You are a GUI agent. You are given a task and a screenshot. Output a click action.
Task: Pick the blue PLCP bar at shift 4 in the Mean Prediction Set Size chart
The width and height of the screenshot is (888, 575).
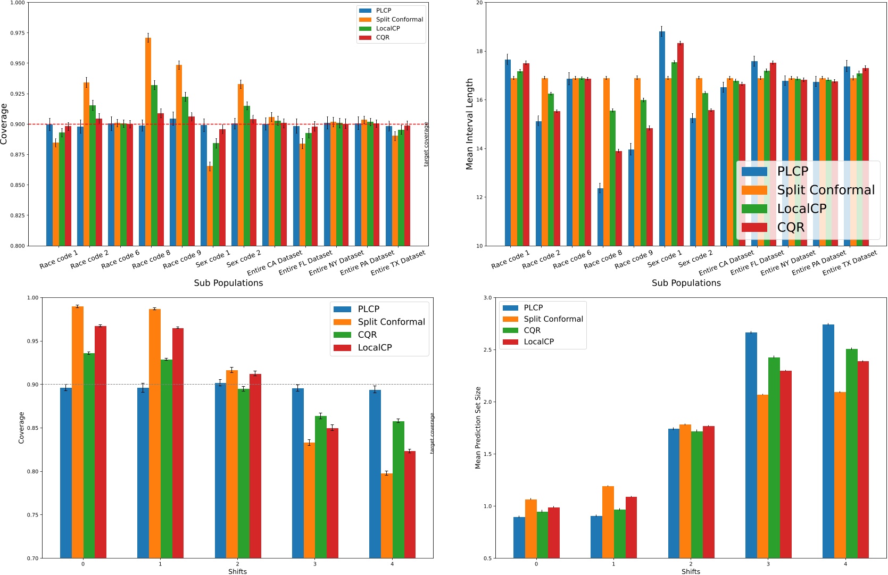828,441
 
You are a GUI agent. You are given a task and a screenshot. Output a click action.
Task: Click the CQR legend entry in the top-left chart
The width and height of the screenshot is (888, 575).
383,37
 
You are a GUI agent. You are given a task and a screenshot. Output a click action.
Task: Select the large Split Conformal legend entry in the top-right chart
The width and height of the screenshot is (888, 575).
825,190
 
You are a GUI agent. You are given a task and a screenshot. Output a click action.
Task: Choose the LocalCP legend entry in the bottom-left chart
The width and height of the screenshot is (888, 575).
375,347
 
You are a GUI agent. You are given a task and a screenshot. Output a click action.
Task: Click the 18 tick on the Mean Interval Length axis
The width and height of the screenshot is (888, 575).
479,52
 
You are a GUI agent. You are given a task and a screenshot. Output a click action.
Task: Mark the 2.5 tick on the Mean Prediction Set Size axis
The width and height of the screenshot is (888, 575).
487,350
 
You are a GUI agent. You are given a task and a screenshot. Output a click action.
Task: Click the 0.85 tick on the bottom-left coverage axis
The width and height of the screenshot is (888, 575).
32,428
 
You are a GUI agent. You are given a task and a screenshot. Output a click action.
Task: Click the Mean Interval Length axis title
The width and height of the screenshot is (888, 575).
469,124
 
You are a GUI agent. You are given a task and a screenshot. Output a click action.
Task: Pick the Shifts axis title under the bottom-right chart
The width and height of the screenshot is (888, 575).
690,571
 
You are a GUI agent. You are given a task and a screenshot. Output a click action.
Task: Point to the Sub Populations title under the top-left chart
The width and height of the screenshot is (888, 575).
228,283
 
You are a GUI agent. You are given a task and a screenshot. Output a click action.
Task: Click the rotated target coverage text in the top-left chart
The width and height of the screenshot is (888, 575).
426,144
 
